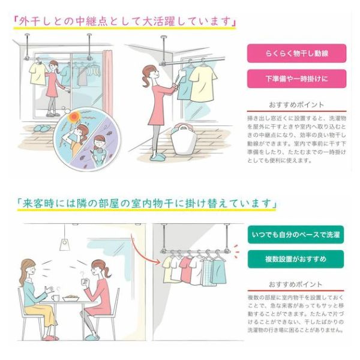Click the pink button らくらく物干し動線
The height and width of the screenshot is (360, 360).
tap(296, 53)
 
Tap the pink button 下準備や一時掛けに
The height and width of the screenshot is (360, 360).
tap(296, 79)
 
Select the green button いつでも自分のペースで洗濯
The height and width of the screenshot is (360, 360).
tap(296, 235)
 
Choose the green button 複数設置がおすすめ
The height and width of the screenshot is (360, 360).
tap(296, 259)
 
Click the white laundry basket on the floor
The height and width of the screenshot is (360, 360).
tap(184, 139)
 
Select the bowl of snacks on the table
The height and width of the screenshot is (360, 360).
tap(71, 298)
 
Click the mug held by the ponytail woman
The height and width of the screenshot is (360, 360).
tap(85, 282)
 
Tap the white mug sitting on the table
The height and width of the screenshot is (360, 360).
tap(55, 298)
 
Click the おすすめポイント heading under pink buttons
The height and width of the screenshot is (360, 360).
tap(296, 105)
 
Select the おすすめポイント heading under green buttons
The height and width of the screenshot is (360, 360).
tap(296, 284)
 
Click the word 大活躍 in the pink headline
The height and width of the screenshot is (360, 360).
tap(160, 22)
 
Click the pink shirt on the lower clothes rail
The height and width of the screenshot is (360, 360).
tap(185, 269)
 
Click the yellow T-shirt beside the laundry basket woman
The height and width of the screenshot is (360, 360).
tap(203, 84)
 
